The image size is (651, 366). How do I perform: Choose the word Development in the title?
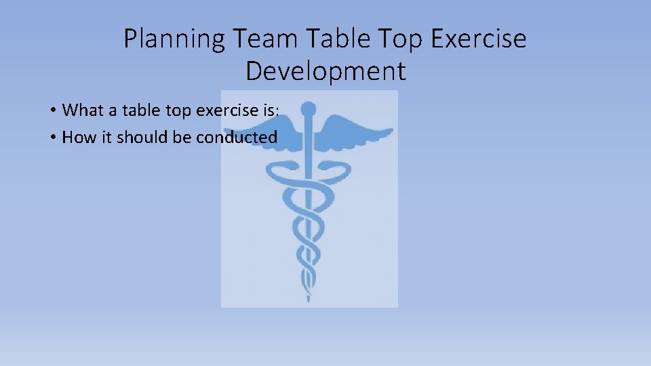[325, 71]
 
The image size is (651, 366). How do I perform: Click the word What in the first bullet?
[81, 110]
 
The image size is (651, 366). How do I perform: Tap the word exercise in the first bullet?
[226, 110]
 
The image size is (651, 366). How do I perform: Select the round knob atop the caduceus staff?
[309, 108]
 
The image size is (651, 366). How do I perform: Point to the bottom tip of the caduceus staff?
[309, 298]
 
